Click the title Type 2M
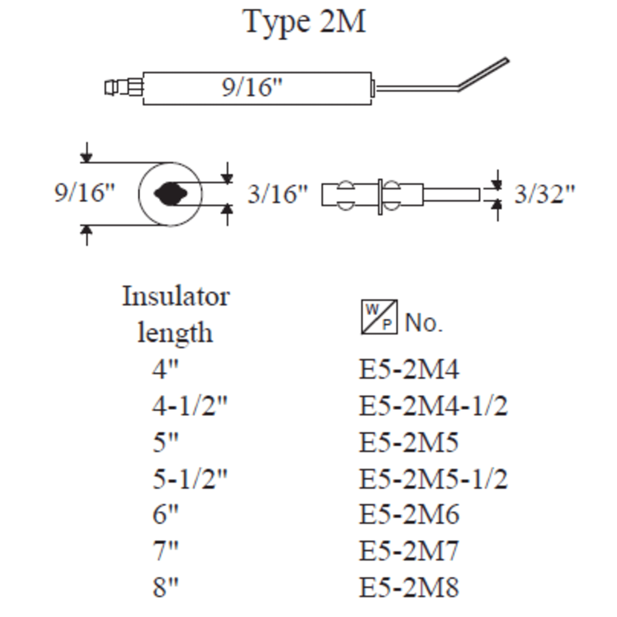(x=305, y=22)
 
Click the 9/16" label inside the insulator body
(x=252, y=87)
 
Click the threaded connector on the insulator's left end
(x=124, y=87)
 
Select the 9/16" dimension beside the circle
(x=84, y=193)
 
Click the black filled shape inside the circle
(x=170, y=194)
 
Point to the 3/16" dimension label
(x=277, y=194)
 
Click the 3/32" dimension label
(x=544, y=194)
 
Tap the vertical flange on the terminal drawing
(x=380, y=197)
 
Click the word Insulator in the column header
(x=176, y=296)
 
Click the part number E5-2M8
(x=409, y=587)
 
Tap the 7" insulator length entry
(x=165, y=551)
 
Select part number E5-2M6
(x=409, y=514)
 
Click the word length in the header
(x=175, y=333)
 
